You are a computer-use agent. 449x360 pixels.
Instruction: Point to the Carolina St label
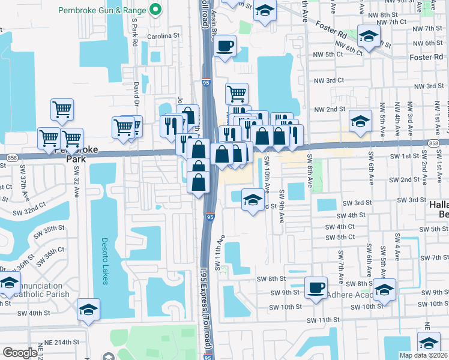[164, 36]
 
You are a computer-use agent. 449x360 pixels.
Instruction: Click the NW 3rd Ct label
[329, 80]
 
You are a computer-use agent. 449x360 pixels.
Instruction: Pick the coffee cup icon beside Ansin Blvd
[225, 46]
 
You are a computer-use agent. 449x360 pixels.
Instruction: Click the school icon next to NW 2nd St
[360, 121]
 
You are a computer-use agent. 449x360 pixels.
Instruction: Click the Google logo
[20, 353]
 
